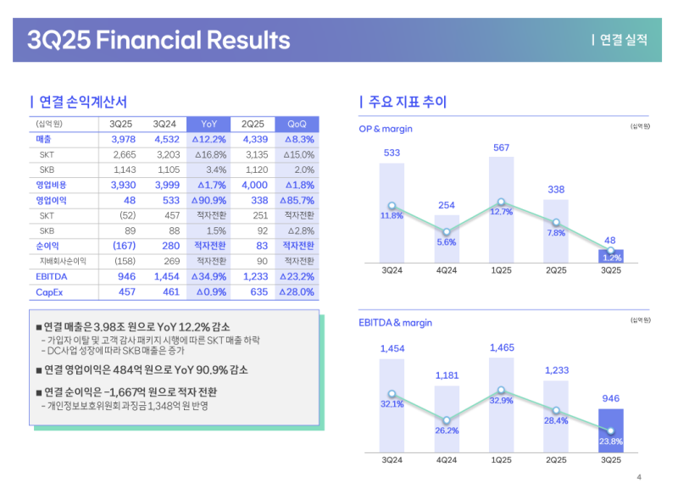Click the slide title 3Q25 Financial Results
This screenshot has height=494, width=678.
(158, 40)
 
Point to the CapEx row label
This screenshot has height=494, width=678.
(49, 291)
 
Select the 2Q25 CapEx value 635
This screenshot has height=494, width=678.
(254, 291)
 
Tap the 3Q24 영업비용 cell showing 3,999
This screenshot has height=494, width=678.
(164, 185)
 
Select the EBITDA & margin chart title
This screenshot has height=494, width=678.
(396, 323)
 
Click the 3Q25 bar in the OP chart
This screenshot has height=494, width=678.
(610, 255)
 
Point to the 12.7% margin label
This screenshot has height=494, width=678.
(501, 213)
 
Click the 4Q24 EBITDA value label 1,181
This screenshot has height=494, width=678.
(446, 375)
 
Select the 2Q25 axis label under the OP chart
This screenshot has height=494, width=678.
(556, 270)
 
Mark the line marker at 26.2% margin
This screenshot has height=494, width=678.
(446, 419)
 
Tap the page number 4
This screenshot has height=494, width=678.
(639, 476)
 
